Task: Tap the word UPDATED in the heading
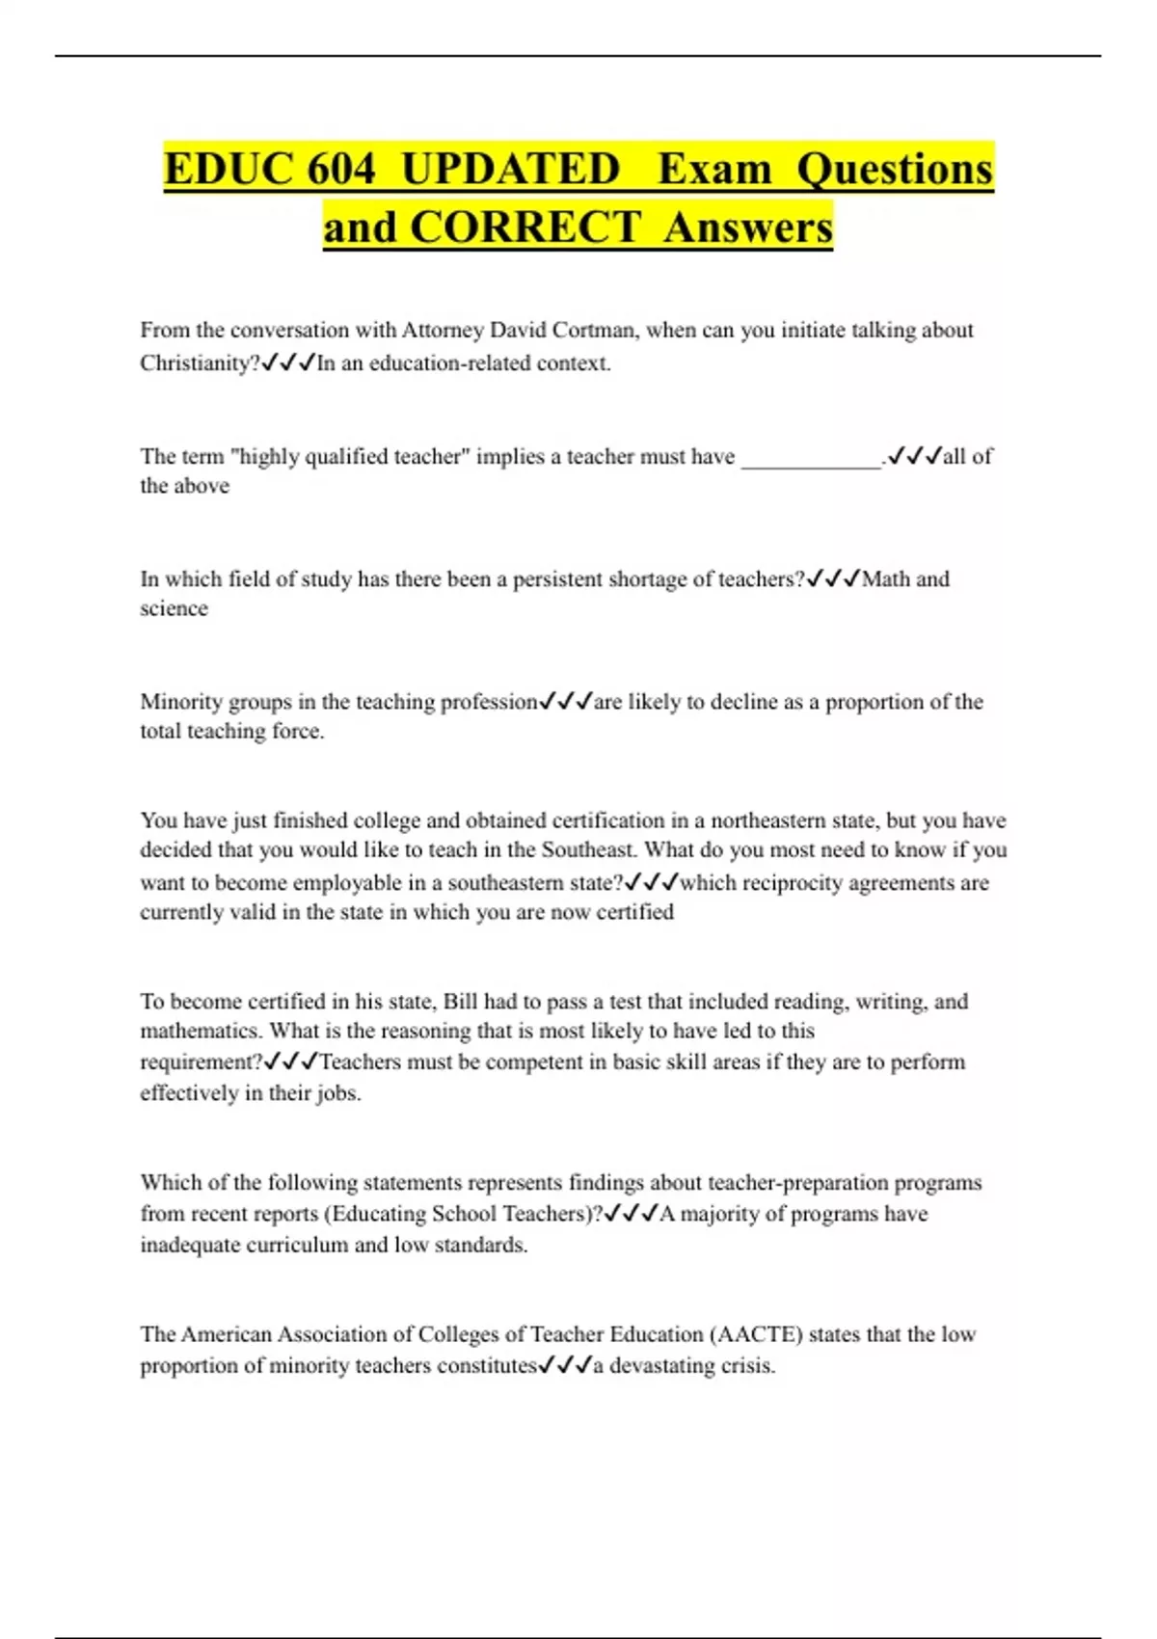510,170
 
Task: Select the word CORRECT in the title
525,228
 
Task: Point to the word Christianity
199,363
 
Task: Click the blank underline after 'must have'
811,458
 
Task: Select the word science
174,608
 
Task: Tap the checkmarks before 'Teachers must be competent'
290,1062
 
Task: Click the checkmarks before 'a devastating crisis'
564,1366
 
